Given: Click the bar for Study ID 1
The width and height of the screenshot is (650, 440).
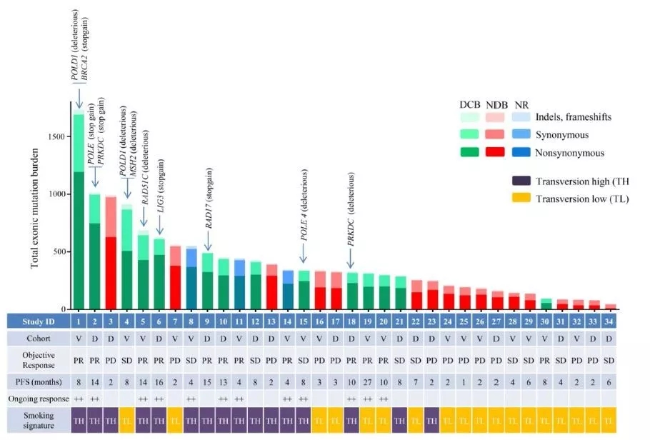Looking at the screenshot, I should coord(79,214).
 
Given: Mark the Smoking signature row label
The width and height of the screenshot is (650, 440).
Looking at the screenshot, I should coord(37,417).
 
